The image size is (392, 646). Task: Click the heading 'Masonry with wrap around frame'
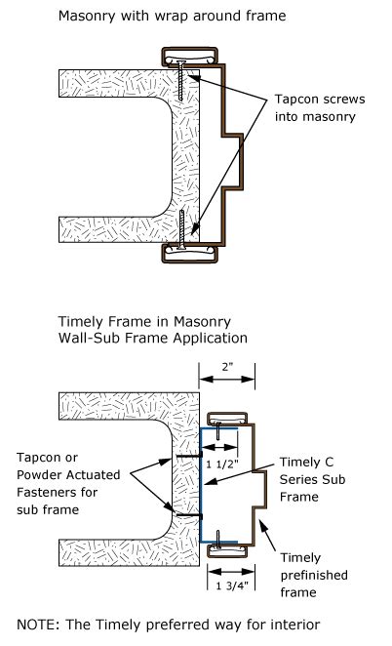coord(173,16)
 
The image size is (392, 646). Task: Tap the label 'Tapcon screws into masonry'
coord(320,108)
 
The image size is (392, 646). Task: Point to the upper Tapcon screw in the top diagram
coord(180,81)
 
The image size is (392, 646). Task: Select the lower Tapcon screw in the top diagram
coord(181,229)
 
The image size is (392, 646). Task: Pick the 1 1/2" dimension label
coord(222,464)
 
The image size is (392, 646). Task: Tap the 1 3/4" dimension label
coord(232,585)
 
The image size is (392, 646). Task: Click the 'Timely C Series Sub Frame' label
coord(313,479)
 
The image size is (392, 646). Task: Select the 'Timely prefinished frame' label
coord(314,575)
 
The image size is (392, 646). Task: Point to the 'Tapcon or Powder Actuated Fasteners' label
coord(68,483)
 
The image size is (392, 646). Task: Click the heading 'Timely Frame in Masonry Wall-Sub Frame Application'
coord(153,330)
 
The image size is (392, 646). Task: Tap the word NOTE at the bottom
coord(35,625)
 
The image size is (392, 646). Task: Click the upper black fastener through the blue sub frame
coord(189,456)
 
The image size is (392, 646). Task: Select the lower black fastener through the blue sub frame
coord(189,515)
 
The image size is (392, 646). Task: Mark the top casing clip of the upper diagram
coord(189,57)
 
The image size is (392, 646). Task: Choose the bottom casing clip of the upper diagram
coord(189,253)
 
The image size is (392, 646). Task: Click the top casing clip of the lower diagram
coord(228,419)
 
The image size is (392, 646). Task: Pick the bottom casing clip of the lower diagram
coord(228,550)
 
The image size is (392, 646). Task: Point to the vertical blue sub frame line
coord(201,485)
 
